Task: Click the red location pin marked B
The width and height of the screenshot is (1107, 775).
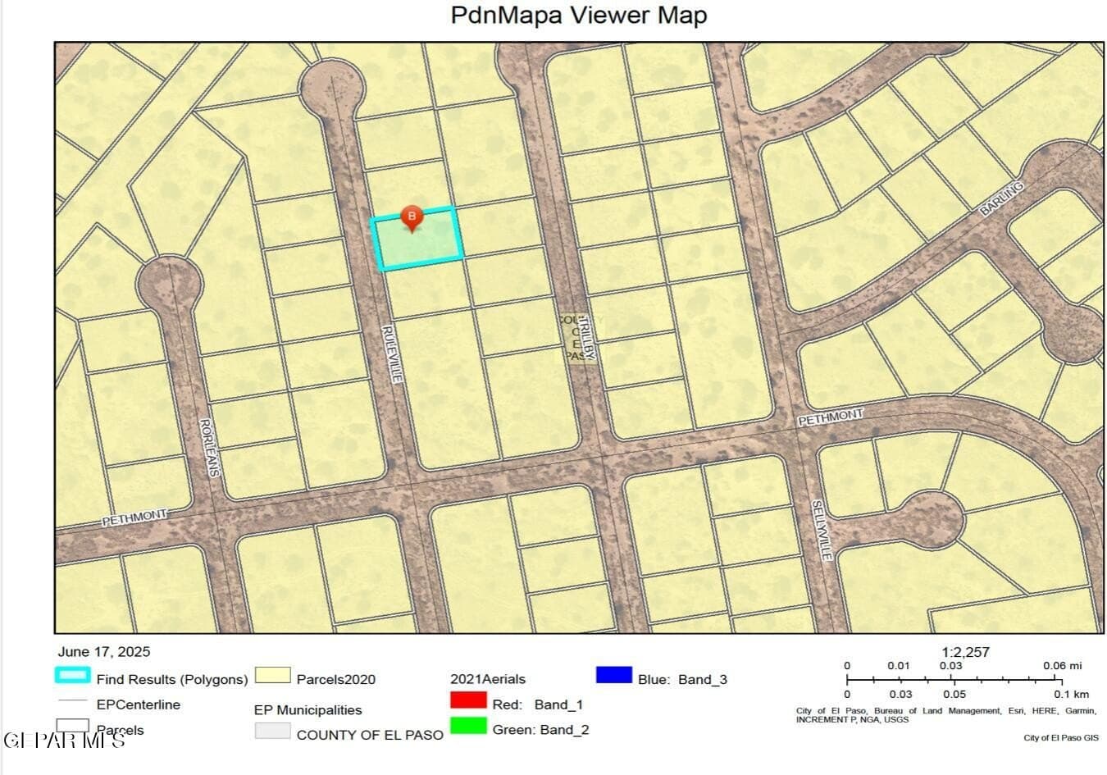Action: [x=412, y=218]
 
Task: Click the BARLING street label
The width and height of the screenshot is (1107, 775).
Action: [x=1002, y=199]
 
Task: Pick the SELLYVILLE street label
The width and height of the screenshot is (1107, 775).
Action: [x=822, y=530]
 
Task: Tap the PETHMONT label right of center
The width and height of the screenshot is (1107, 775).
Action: [x=831, y=417]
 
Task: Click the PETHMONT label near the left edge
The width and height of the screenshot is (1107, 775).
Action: [x=134, y=517]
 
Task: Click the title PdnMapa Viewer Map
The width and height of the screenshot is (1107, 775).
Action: [x=579, y=16]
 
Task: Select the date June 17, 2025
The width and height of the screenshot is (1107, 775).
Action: [x=104, y=652]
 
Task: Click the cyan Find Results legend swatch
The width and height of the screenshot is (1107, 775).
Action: [x=72, y=676]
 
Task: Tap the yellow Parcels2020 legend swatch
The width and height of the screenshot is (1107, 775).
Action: [x=273, y=676]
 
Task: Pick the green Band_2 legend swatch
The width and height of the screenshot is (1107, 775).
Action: [x=468, y=727]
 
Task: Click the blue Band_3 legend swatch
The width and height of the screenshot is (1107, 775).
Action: [x=614, y=676]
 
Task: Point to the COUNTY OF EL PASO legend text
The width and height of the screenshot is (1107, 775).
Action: [x=370, y=735]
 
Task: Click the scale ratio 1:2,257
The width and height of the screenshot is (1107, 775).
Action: [x=965, y=652]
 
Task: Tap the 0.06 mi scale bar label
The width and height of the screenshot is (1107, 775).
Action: [x=1063, y=665]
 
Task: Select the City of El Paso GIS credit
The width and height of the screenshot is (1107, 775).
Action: [x=1060, y=738]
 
